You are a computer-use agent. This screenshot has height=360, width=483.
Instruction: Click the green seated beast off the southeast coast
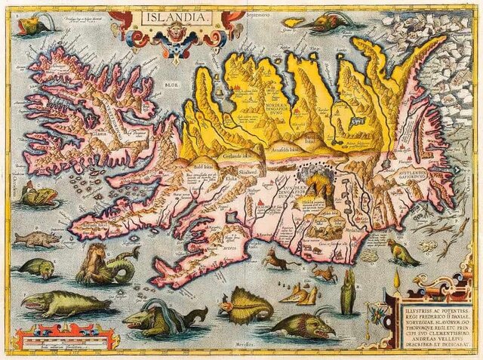(x=403, y=253)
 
